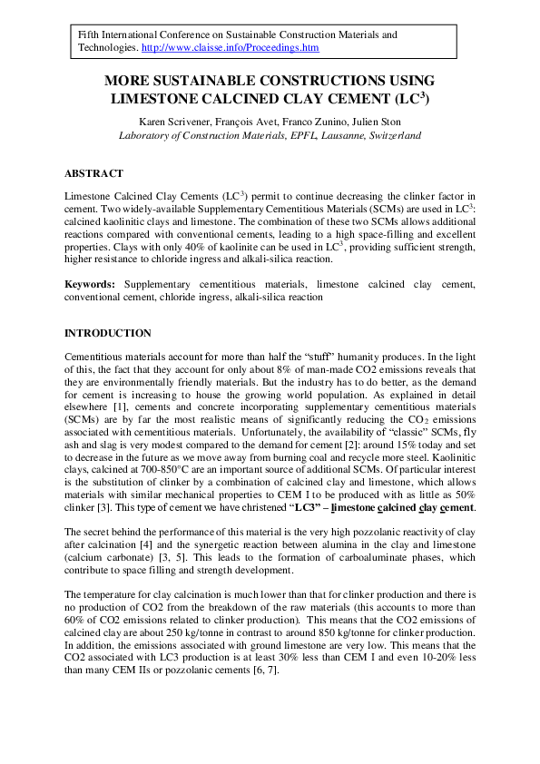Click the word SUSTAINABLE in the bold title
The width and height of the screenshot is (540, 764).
click(x=204, y=81)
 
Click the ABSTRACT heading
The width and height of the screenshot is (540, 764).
click(x=93, y=173)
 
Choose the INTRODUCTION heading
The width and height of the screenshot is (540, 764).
click(x=108, y=334)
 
